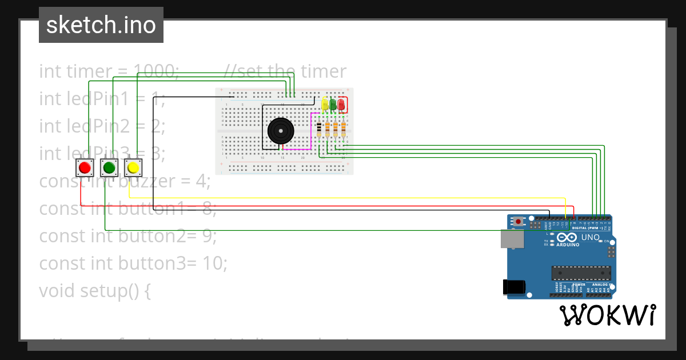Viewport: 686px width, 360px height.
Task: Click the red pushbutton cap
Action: click(x=85, y=167)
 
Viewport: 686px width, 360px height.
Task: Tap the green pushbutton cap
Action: click(x=109, y=167)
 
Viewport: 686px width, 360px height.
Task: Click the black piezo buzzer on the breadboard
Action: click(x=280, y=131)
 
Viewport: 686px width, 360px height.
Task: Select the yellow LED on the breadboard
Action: click(x=325, y=105)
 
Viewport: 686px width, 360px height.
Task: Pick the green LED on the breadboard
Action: click(x=333, y=105)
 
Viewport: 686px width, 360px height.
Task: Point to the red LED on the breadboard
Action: click(x=341, y=105)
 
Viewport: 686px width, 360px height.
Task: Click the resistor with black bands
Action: click(x=318, y=130)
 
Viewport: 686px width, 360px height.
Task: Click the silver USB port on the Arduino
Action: click(x=512, y=239)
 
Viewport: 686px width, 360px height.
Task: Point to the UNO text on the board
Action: click(x=591, y=237)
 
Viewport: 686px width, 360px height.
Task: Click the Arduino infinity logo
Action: click(x=567, y=238)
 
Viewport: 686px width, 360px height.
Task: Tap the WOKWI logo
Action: click(x=607, y=315)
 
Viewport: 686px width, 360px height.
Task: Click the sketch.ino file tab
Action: click(x=101, y=25)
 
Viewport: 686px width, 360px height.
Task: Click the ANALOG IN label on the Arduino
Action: click(x=599, y=284)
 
